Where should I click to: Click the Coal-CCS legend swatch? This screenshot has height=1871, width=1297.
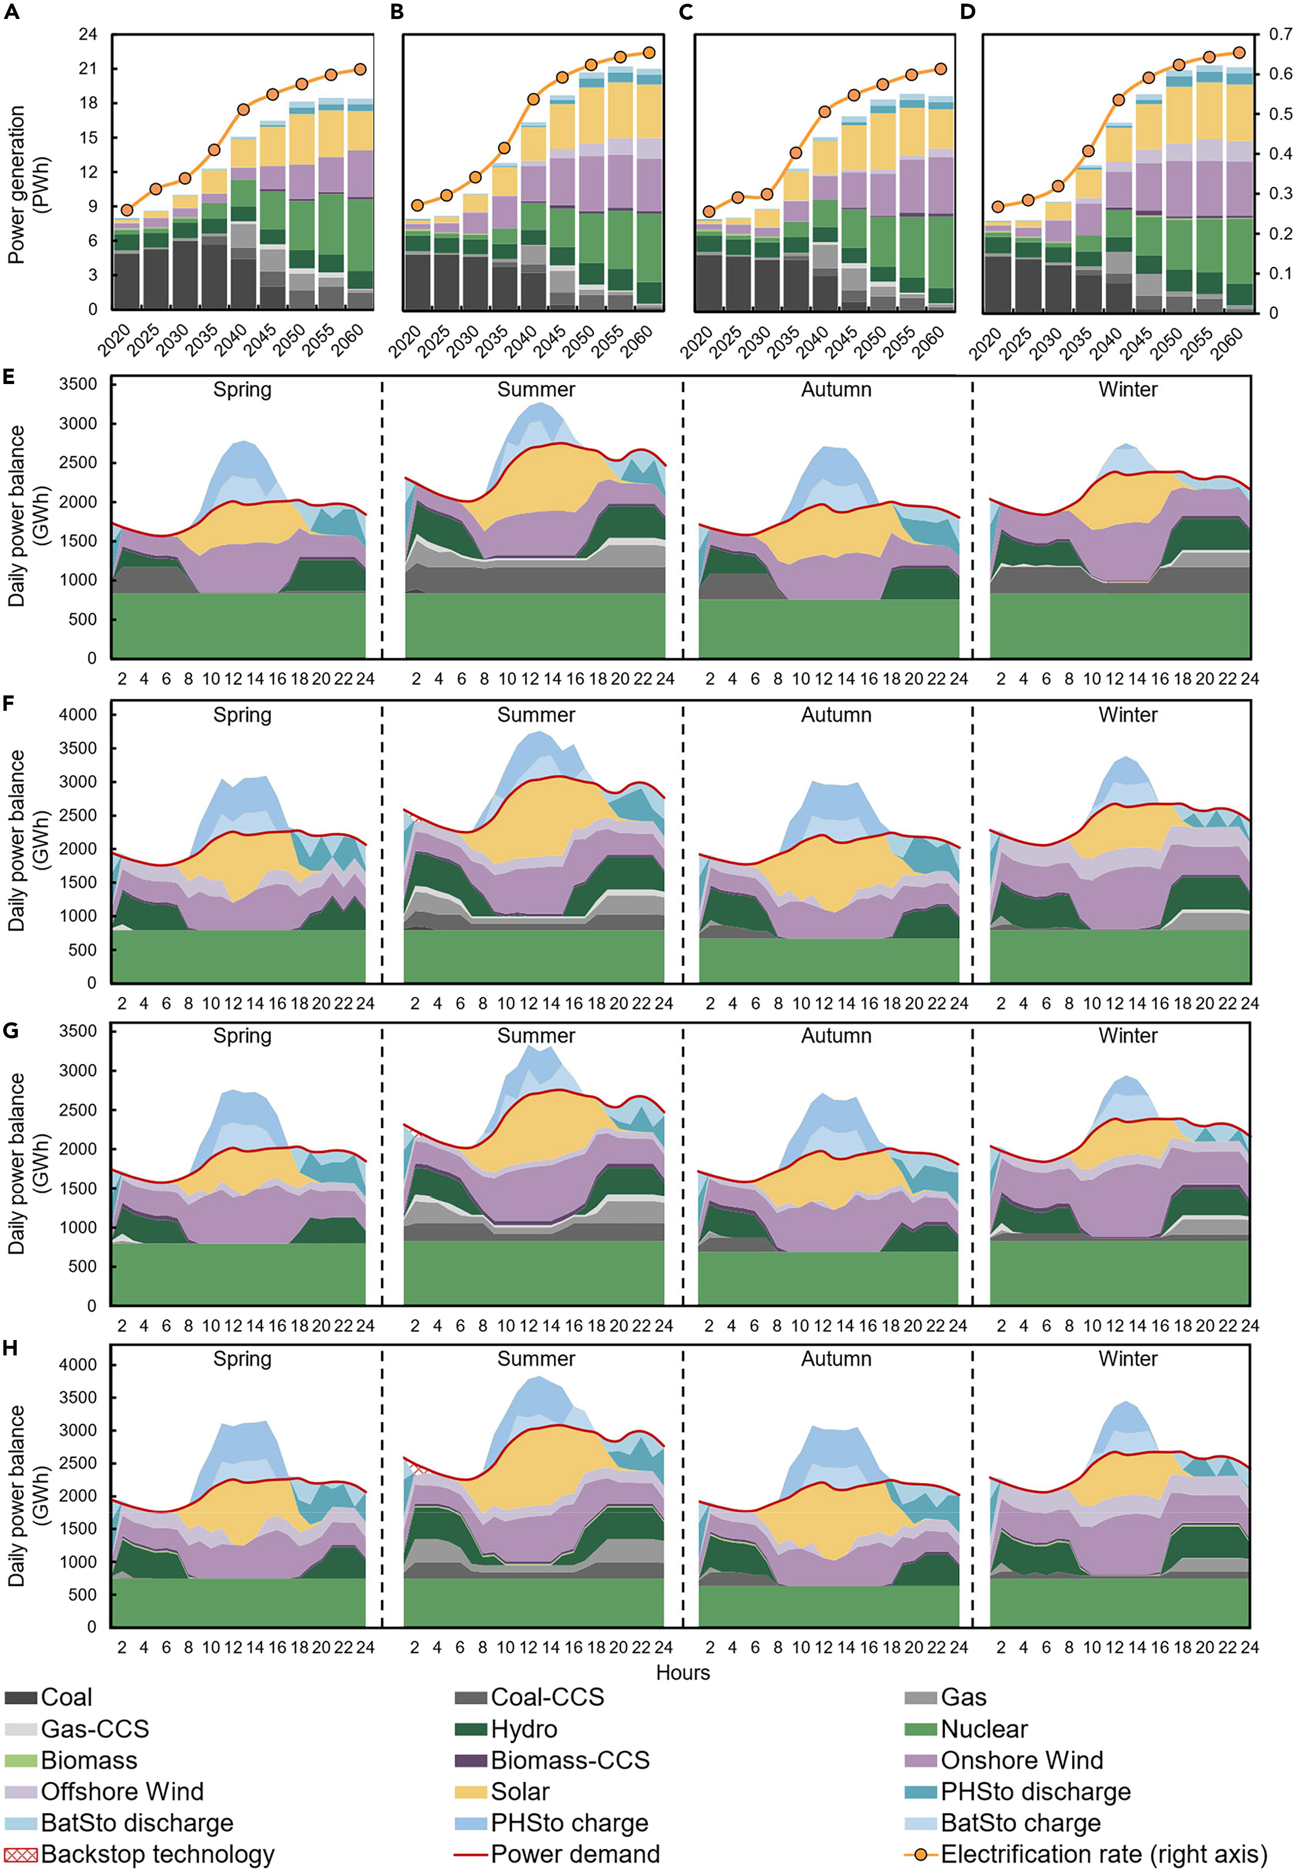pyautogui.click(x=471, y=1697)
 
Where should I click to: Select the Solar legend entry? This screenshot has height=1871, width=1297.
pyautogui.click(x=520, y=1791)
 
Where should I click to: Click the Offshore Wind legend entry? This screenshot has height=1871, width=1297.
pyautogui.click(x=122, y=1791)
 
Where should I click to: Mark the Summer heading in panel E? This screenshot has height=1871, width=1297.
pyautogui.click(x=536, y=390)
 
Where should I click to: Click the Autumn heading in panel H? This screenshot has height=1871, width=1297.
pyautogui.click(x=836, y=1359)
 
